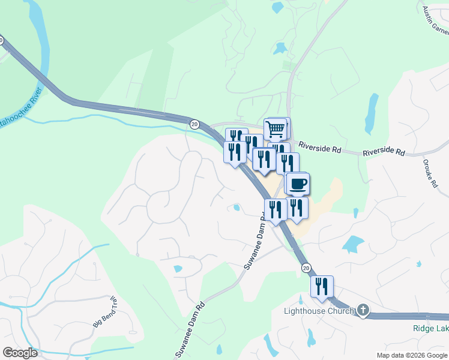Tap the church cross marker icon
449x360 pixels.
[363, 310]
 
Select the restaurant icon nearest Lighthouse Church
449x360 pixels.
[322, 287]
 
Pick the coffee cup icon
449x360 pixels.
[297, 183]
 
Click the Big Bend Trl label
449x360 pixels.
[104, 312]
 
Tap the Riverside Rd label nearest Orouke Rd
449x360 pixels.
[384, 153]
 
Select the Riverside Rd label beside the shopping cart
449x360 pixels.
[318, 146]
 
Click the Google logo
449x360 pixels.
[20, 353]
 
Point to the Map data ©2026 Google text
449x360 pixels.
[412, 355]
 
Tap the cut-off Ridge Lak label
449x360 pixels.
[430, 328]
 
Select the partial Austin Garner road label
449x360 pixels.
[435, 21]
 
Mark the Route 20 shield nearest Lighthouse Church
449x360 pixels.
[306, 267]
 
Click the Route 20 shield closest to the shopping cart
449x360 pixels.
[194, 124]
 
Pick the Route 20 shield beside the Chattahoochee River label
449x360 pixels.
[1, 41]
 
